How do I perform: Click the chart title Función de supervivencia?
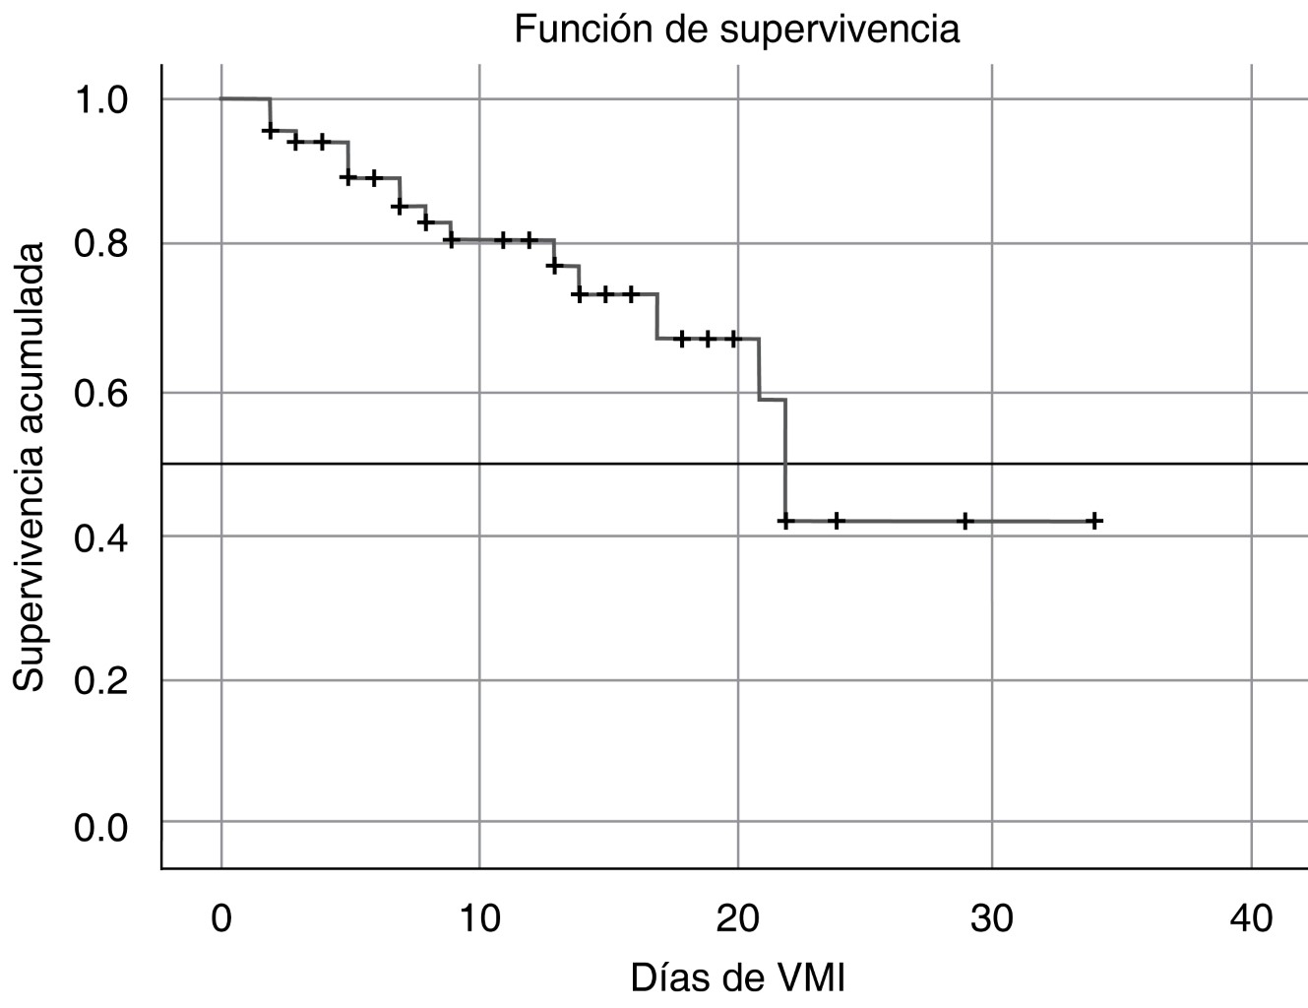coord(736,30)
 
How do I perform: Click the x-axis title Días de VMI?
coord(737,978)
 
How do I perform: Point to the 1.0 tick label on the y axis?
coord(101,99)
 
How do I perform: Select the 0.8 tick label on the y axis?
coord(101,244)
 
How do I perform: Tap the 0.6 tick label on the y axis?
coord(101,392)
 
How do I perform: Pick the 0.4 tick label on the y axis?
coord(101,535)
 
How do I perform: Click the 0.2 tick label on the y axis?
coord(101,680)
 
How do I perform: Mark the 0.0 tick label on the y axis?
coord(101,824)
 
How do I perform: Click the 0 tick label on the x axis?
coord(221,918)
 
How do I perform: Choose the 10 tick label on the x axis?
coord(479,918)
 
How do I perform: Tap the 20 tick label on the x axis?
coord(737,918)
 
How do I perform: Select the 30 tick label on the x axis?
coord(992,918)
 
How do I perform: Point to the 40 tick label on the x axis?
coord(1250,918)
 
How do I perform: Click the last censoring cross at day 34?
coord(1094,521)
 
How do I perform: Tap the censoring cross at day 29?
coord(965,521)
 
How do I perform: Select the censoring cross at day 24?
coord(837,521)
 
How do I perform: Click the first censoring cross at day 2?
coord(271,130)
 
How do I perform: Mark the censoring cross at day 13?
coord(554,266)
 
